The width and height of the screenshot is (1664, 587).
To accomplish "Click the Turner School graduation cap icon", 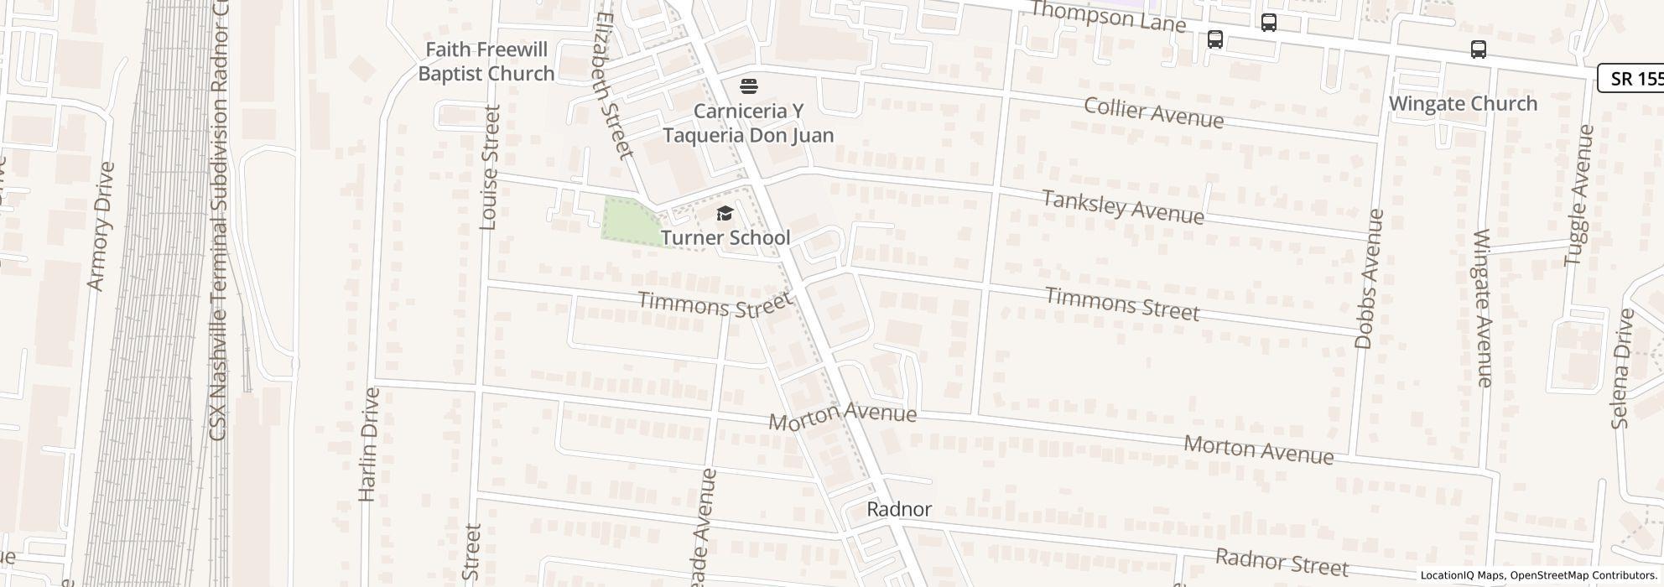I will (x=725, y=214).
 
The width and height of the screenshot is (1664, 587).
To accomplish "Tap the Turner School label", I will (x=725, y=238).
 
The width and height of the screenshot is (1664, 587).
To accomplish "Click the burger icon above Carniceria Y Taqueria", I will (x=748, y=86).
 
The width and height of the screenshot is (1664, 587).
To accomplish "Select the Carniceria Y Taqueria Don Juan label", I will (x=748, y=123).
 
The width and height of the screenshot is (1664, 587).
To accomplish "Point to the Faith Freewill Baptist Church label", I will (x=486, y=61).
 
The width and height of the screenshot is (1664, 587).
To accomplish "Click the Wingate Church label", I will (x=1463, y=104).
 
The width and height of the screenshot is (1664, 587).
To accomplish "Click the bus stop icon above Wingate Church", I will (x=1479, y=49).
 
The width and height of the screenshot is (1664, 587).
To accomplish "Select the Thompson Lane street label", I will (x=1107, y=16).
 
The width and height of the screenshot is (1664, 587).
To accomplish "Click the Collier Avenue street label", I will (x=1153, y=112).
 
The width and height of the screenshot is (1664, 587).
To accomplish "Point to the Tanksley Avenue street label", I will (x=1122, y=206).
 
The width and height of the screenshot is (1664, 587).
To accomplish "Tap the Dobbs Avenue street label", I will (x=1367, y=279).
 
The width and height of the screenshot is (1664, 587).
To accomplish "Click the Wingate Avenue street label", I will (x=1483, y=308).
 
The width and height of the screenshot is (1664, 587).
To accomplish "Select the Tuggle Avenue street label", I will (x=1579, y=195).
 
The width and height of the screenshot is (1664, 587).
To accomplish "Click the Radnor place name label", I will (x=898, y=509).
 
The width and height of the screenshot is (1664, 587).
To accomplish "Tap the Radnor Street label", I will (x=1282, y=562).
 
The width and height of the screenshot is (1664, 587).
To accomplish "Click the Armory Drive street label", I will (x=100, y=226).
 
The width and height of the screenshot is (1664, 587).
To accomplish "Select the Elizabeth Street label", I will (x=611, y=84).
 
